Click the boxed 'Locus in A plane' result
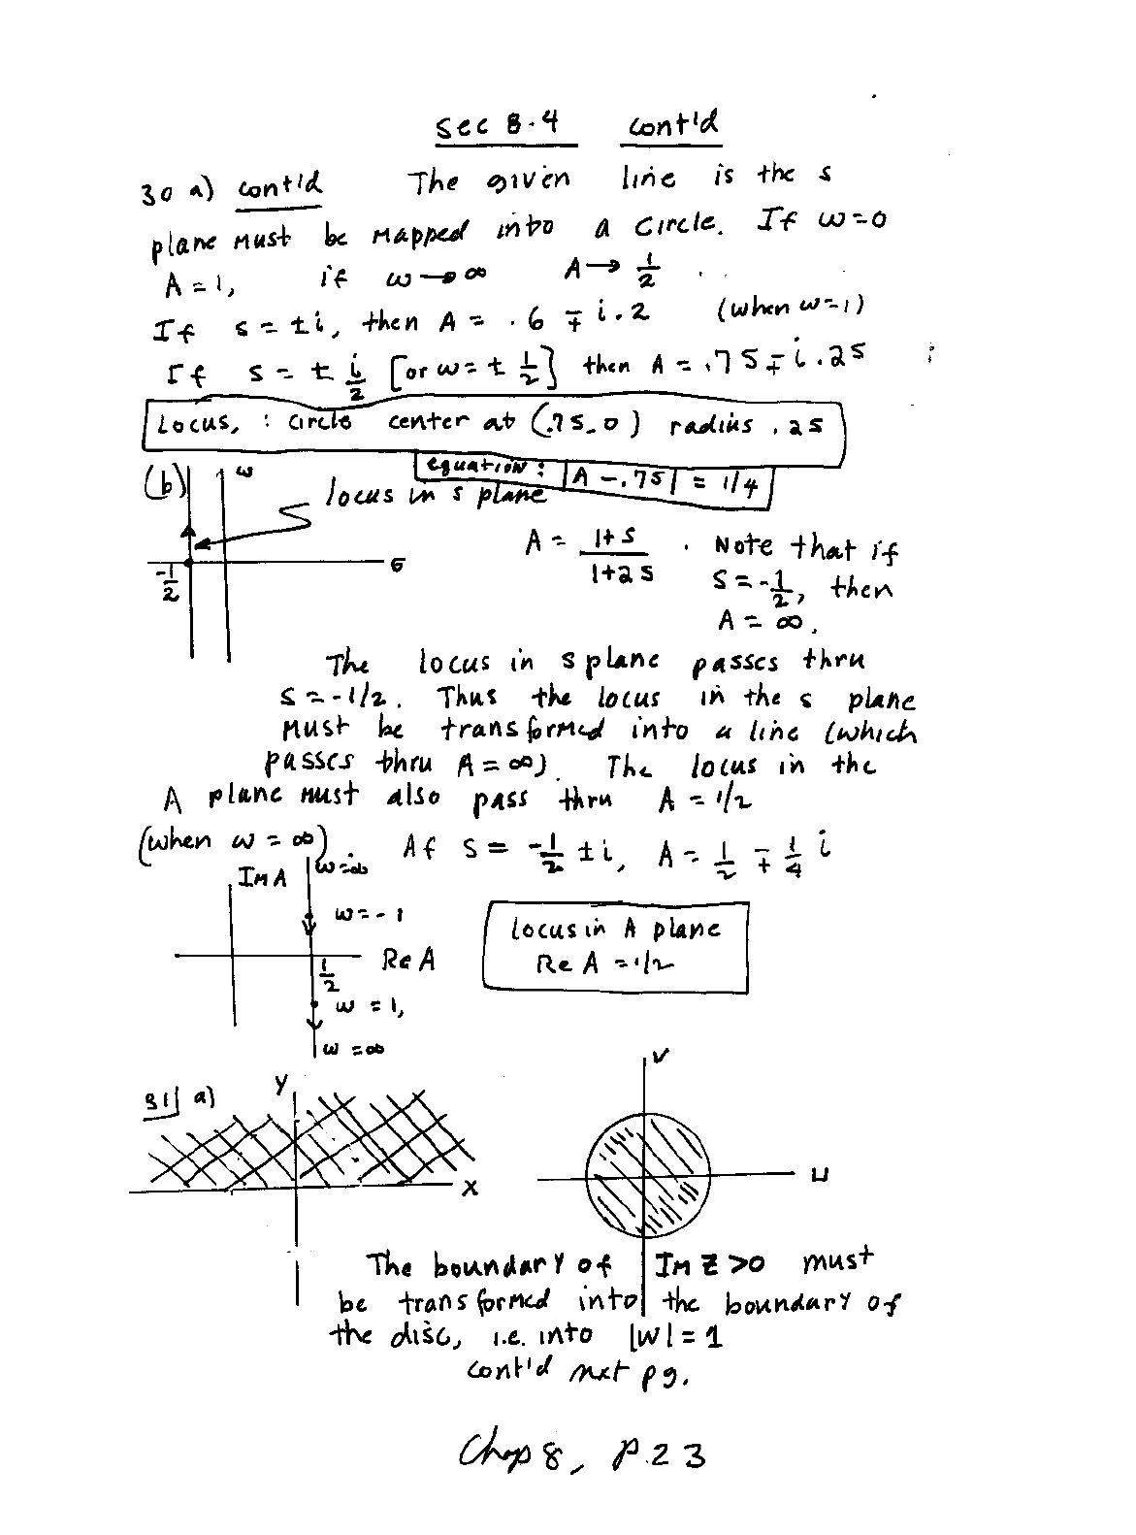click(x=615, y=946)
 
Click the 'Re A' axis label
click(x=408, y=961)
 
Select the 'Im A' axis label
click(x=263, y=878)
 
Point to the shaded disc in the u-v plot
click(x=644, y=1176)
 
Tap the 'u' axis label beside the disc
click(x=821, y=1176)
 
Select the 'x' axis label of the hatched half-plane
click(x=469, y=1188)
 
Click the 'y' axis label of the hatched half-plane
click(x=281, y=1084)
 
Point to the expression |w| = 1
click(x=676, y=1337)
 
